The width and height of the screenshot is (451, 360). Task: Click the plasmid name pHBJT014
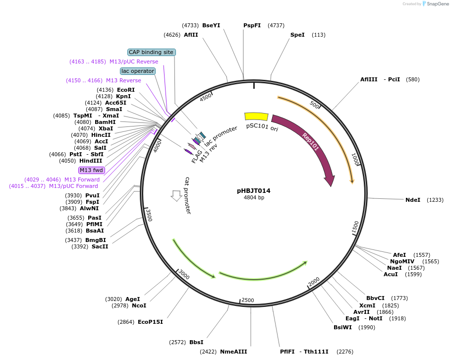(x=253, y=190)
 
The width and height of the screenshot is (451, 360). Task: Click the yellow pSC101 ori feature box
(x=256, y=117)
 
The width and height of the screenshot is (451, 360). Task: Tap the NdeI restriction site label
(x=412, y=200)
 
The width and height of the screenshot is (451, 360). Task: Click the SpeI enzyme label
(x=297, y=35)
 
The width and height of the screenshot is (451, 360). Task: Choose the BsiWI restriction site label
(x=343, y=327)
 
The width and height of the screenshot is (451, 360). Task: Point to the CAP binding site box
(x=151, y=52)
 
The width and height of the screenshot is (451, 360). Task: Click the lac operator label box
(x=138, y=71)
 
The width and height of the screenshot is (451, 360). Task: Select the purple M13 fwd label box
(x=91, y=170)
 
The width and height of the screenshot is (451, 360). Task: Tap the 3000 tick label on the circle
(x=184, y=275)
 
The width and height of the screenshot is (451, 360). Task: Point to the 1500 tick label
(x=355, y=227)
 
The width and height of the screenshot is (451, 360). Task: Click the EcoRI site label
(x=126, y=90)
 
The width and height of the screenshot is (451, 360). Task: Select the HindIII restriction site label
(x=91, y=161)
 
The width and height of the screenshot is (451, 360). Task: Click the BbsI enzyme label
(x=196, y=342)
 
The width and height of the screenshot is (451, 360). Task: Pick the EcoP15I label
(x=151, y=322)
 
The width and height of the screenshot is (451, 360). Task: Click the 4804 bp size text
(x=253, y=198)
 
